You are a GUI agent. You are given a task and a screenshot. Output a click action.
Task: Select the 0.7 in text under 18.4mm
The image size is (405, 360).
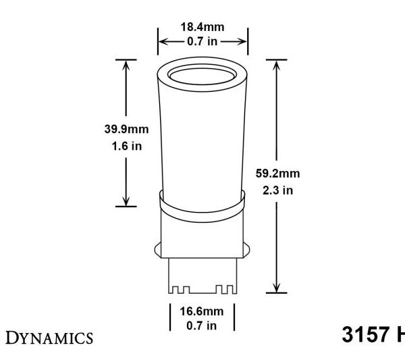(202, 41)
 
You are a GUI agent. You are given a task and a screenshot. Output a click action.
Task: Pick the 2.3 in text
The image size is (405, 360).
(277, 190)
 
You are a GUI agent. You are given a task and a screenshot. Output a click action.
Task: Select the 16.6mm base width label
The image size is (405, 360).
(202, 311)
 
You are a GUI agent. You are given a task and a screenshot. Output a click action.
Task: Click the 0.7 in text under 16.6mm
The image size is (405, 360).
(202, 325)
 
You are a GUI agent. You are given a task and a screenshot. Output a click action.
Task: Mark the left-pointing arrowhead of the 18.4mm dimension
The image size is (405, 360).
(163, 41)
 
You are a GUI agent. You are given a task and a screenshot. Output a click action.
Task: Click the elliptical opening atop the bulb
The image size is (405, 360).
(202, 76)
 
